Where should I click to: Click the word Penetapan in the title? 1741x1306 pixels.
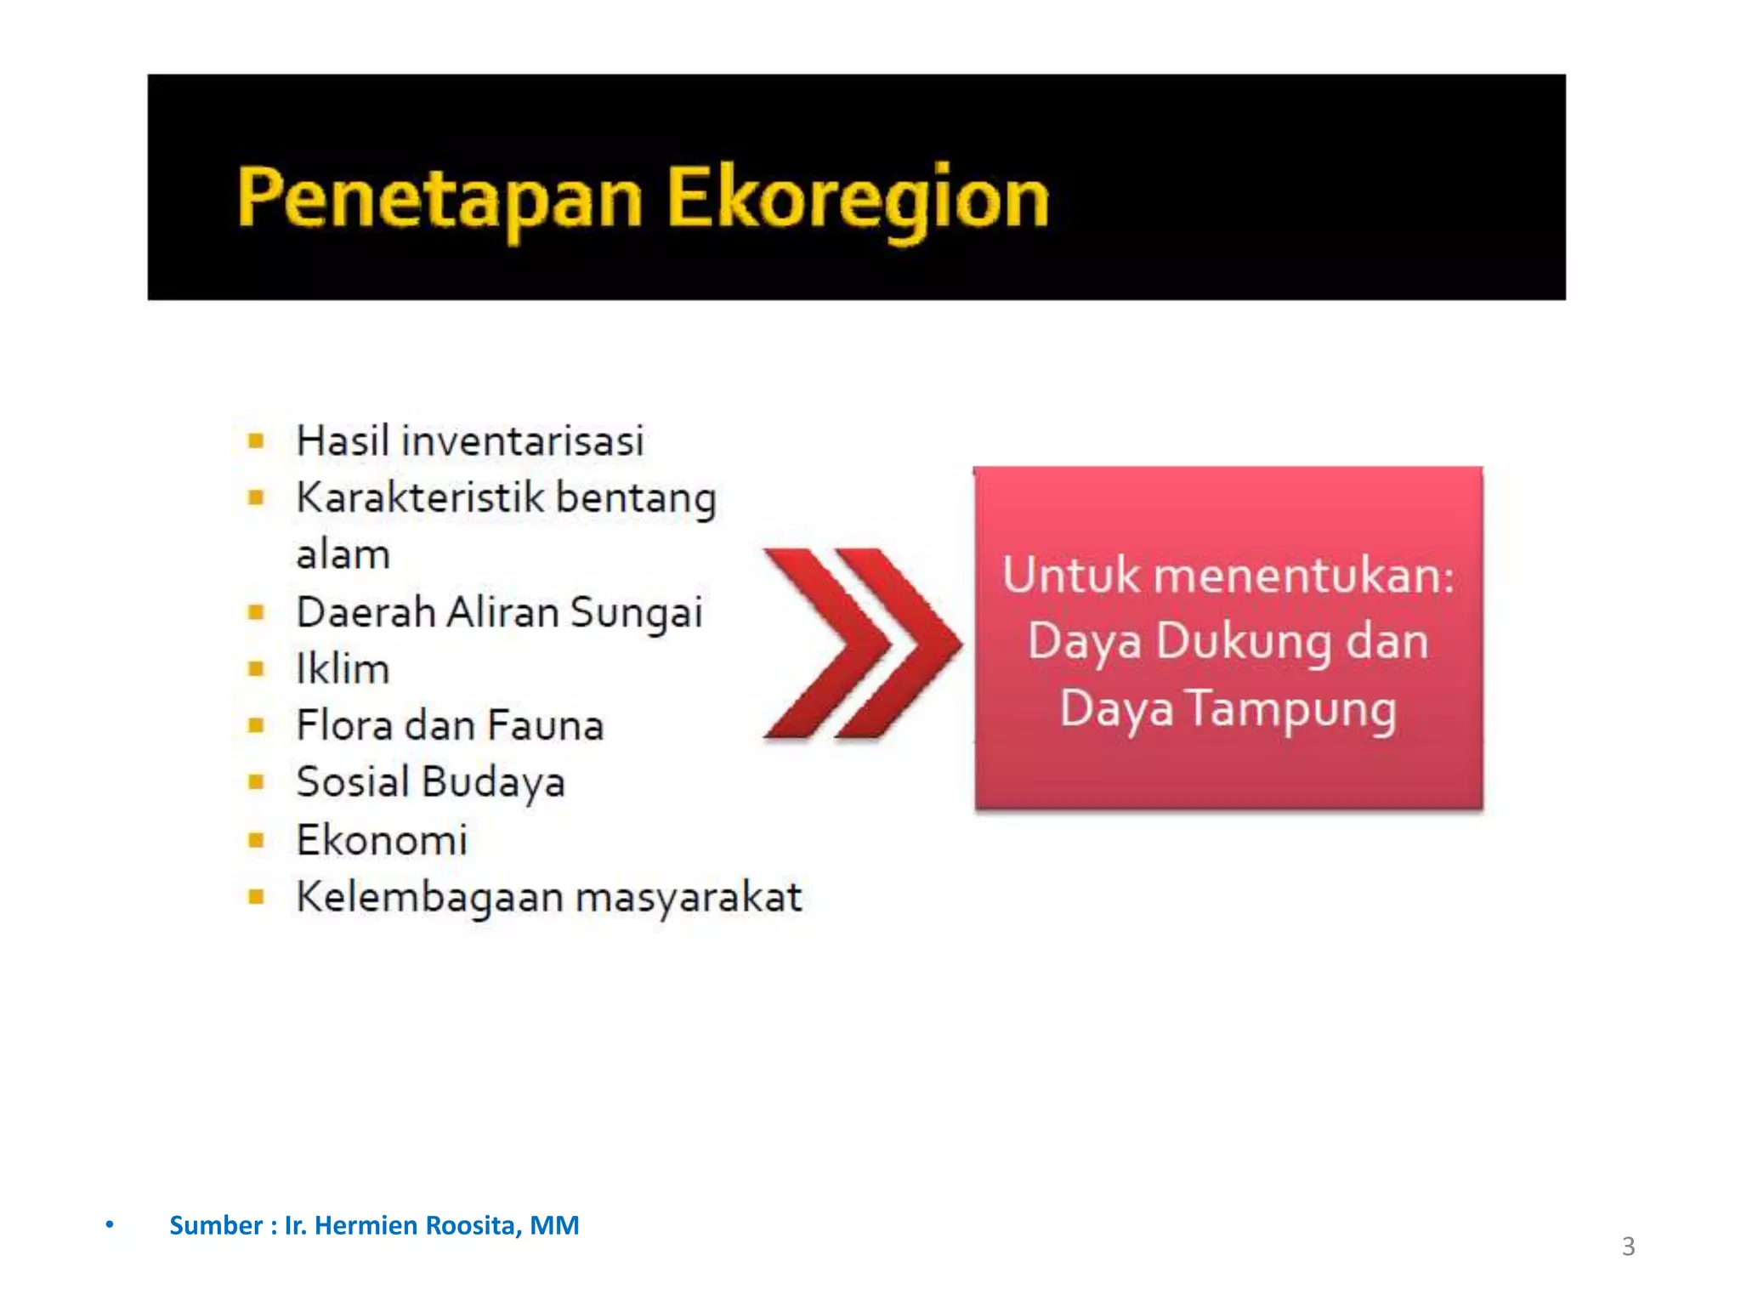pyautogui.click(x=439, y=199)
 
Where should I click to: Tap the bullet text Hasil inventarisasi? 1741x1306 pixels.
pyautogui.click(x=469, y=441)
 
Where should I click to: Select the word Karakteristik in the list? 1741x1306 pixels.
pyautogui.click(x=419, y=498)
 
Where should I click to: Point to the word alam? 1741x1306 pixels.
pyautogui.click(x=343, y=555)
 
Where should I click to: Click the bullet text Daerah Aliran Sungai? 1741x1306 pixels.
pyautogui.click(x=499, y=612)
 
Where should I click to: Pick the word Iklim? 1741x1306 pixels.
pyautogui.click(x=343, y=669)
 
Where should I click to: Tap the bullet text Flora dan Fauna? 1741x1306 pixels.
pyautogui.click(x=450, y=726)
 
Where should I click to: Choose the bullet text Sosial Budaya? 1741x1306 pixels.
pyautogui.click(x=430, y=782)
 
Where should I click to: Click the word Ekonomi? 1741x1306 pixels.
pyautogui.click(x=382, y=840)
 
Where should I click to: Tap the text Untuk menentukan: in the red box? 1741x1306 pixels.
pyautogui.click(x=1228, y=576)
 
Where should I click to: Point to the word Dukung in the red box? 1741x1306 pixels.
pyautogui.click(x=1243, y=642)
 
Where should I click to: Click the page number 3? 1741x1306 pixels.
pyautogui.click(x=1628, y=1246)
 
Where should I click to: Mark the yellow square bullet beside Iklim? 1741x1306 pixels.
pyautogui.click(x=256, y=669)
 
